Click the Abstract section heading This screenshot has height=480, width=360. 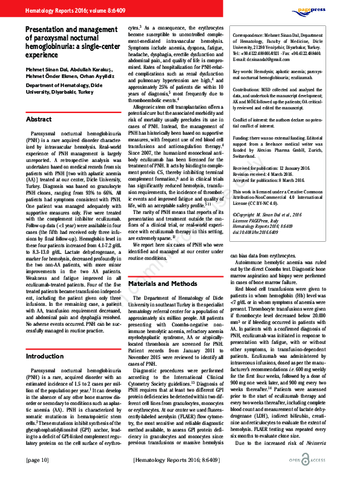click(x=39, y=120)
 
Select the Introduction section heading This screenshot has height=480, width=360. click(x=44, y=357)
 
